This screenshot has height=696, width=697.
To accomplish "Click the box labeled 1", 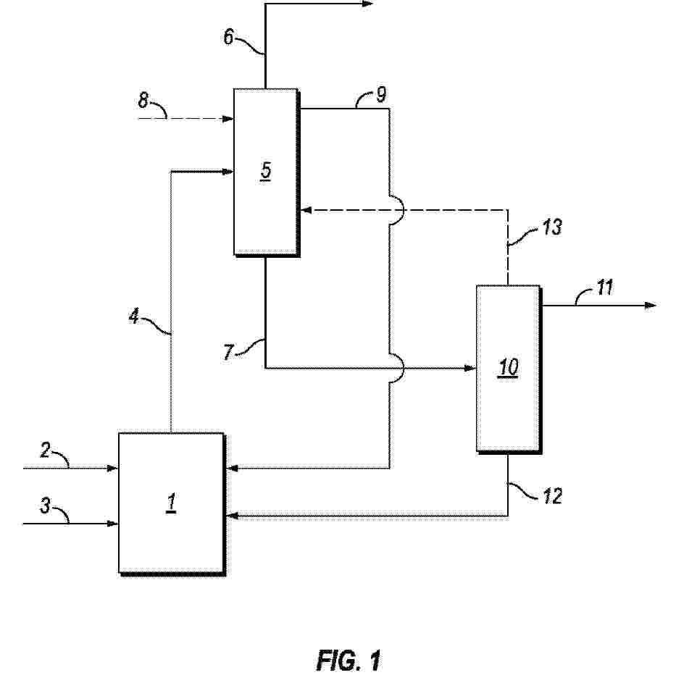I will (x=171, y=503).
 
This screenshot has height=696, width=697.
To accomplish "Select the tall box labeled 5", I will (x=265, y=172).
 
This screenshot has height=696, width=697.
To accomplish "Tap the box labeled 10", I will (x=507, y=368).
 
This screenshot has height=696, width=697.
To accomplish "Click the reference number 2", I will (x=45, y=451).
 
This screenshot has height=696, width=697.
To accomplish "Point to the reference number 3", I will (x=45, y=506).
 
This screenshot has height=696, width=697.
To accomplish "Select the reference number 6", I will (x=229, y=38).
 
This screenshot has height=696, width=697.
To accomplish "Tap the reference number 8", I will (x=144, y=99).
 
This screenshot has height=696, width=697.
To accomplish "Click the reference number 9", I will (x=381, y=94).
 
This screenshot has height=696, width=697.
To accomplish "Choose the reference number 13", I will (x=552, y=228).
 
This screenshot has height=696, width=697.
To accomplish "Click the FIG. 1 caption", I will (x=348, y=661).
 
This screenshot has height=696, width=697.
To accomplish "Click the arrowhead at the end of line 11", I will (x=651, y=306).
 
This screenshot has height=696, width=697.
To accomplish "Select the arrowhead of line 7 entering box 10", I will (x=470, y=368).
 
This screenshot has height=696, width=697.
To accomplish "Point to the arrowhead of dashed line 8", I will (x=228, y=118).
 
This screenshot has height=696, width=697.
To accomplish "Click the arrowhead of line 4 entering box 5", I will (x=228, y=172).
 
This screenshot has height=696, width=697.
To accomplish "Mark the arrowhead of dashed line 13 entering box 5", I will (x=305, y=210).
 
